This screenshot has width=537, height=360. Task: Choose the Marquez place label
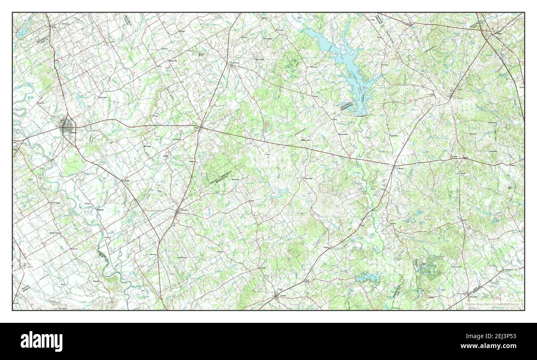[400, 168]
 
